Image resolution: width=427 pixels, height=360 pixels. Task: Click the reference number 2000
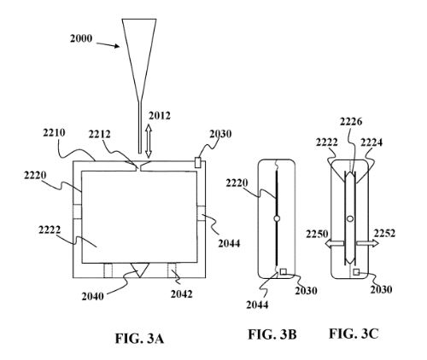(x=81, y=38)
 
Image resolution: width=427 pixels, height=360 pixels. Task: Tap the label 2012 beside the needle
(x=160, y=116)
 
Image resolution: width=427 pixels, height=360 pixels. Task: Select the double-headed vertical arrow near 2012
(x=149, y=141)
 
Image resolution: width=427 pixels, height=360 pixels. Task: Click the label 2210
(x=54, y=132)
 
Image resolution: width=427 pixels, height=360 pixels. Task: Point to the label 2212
(x=99, y=134)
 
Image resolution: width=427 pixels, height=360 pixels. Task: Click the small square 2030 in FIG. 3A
(x=198, y=162)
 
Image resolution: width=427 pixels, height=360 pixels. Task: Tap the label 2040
(x=93, y=296)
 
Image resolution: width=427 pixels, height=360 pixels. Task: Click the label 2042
(x=182, y=294)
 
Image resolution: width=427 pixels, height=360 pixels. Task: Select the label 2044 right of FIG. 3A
(x=229, y=243)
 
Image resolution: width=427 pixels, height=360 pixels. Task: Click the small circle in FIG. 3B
(x=277, y=218)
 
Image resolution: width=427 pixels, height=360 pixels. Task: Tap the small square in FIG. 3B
(x=284, y=271)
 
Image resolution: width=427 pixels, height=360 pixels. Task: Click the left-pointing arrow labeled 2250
(x=335, y=243)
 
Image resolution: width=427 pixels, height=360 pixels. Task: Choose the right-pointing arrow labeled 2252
(x=367, y=243)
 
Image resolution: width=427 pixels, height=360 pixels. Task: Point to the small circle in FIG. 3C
(x=350, y=218)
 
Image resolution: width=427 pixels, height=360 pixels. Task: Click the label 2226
(x=351, y=122)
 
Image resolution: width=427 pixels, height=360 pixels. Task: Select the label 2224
(x=371, y=142)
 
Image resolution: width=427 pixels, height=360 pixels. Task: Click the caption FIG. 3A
(x=139, y=339)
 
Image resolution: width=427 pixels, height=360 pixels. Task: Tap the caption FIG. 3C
(x=354, y=334)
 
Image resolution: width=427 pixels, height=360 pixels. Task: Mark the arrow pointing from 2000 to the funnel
(x=108, y=45)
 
